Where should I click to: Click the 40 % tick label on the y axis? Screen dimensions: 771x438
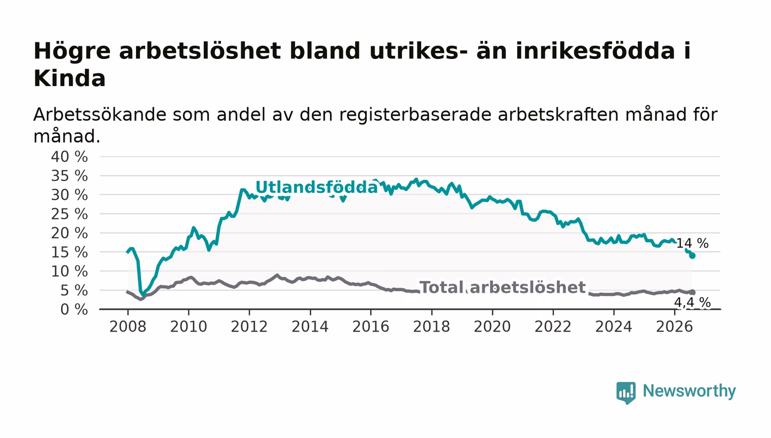69,157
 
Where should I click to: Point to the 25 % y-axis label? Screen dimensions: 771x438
69,214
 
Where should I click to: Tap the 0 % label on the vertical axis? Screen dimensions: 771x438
74,309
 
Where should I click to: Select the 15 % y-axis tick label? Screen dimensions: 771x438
69,253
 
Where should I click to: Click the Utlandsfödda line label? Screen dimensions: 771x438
317,187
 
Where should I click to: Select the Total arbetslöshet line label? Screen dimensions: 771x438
502,287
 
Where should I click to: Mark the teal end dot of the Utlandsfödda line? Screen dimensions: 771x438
692,255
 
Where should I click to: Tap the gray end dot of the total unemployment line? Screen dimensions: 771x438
693,292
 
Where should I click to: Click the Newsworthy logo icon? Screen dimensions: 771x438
626,393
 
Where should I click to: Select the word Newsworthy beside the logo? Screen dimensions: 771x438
689,392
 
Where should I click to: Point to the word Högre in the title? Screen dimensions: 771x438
72,52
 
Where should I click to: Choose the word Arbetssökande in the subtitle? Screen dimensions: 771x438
100,115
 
